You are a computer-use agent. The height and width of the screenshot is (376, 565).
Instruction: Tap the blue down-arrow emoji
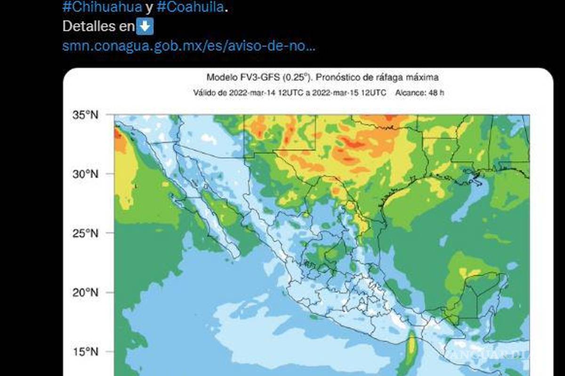click(x=145, y=26)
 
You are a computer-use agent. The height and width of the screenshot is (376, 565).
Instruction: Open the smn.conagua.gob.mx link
click(x=188, y=46)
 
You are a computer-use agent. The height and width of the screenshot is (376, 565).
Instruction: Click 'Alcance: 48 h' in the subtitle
click(x=420, y=93)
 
